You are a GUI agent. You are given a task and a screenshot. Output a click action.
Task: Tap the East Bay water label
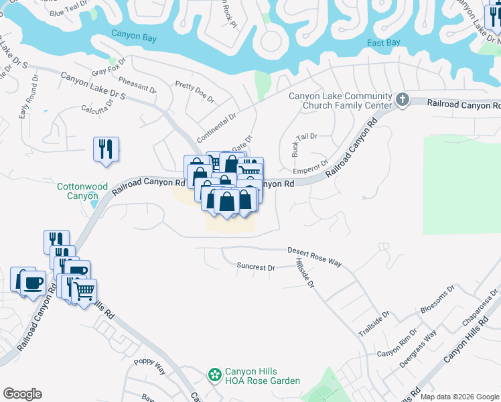coord(384,44)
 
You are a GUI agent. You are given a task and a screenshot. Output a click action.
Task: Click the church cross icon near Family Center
coord(402,100)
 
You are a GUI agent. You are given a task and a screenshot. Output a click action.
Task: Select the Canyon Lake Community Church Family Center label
coord(340,100)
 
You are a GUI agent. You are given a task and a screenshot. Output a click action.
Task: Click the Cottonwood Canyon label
coord(82,191)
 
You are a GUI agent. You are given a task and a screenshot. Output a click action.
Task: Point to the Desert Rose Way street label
coord(315,257)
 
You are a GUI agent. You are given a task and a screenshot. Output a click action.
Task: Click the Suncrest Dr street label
coord(256,267)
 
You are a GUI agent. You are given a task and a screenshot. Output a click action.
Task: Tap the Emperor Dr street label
coord(311,164)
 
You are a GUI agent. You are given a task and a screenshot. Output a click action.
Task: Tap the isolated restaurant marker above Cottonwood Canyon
coord(106,149)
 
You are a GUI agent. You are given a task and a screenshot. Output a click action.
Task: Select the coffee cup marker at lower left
coord(31,281)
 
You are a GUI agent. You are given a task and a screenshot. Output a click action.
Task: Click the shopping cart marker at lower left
coord(84,291)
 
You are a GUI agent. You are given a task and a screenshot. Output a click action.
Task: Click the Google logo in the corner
coord(22,394)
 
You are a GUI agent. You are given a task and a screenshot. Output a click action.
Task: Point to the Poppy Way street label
coord(149,366)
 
